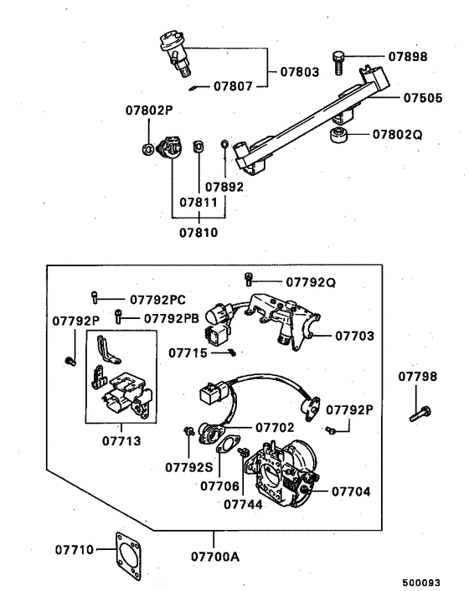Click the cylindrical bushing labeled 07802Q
tap(338, 136)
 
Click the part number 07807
tap(237, 85)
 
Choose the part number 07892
tap(224, 187)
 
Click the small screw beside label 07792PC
tap(97, 296)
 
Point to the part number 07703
tap(354, 336)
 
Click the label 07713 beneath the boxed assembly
tap(121, 439)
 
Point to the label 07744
tap(244, 505)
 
